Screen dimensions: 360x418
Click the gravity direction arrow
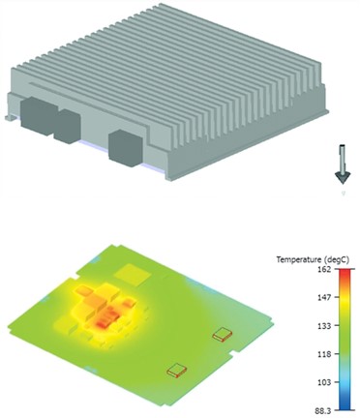tap(342, 164)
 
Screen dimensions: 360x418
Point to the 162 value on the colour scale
tap(325, 269)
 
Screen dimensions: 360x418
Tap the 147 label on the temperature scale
tap(325, 297)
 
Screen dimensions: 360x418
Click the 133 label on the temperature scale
tap(325, 326)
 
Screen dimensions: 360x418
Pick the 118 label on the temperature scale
tap(325, 354)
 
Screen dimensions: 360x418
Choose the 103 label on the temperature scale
tap(325, 382)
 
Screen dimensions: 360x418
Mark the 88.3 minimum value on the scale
tap(323, 410)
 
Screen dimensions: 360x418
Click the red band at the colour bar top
tap(345, 273)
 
